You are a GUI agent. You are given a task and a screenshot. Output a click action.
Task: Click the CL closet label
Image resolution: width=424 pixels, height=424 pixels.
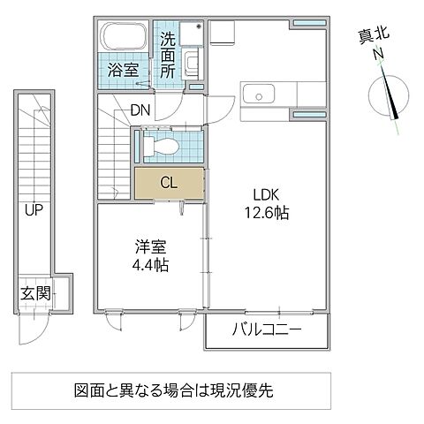coord(168,184)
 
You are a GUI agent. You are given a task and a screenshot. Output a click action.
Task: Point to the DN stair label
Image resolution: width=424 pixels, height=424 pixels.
coord(140,110)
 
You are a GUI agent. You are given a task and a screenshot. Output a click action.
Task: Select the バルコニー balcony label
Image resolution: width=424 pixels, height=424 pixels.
coord(267,330)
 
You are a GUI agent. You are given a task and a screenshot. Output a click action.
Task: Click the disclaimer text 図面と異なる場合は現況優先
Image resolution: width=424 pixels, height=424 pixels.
coord(171,389)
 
